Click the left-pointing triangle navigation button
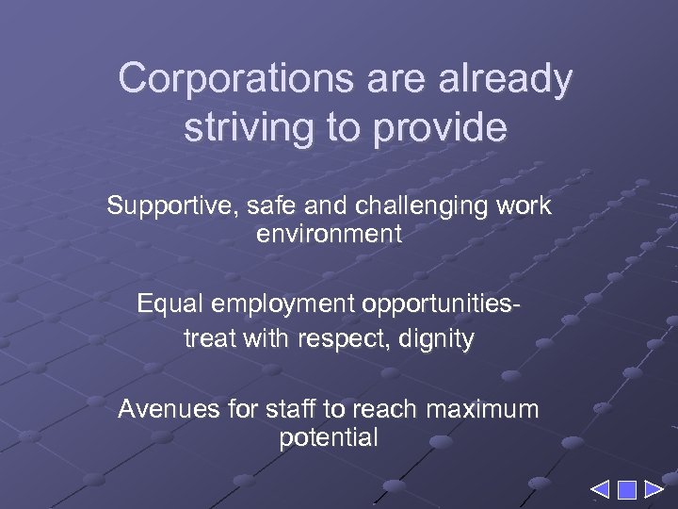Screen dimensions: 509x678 tap(600, 490)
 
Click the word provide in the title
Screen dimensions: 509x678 tap(442, 127)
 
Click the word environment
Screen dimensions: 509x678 tap(329, 234)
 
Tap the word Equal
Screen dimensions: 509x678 tap(169, 304)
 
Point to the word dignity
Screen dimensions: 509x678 tap(441, 338)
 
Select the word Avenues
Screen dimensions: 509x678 tap(159, 409)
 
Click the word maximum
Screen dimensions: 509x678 tap(482, 409)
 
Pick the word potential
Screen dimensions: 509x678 tap(329, 437)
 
